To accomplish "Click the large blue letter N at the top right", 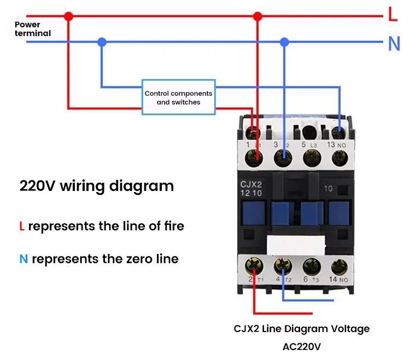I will [x=394, y=44].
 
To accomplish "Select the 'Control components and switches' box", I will [x=178, y=97].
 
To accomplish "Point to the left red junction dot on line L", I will [x=68, y=16].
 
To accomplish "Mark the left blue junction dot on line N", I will [x=101, y=42].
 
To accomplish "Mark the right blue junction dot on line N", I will [x=284, y=42].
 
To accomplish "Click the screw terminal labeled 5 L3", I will [x=311, y=158].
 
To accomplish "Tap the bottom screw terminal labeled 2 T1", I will [x=253, y=266].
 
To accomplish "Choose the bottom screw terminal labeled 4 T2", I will [x=282, y=266].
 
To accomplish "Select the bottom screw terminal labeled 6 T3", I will [x=311, y=266].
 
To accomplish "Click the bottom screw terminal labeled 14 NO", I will [x=339, y=266].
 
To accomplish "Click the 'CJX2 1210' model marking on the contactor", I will [x=251, y=189].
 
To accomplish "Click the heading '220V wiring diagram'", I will [x=97, y=186].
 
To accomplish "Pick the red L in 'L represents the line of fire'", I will [x=22, y=226].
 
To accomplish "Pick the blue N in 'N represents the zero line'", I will [x=24, y=259].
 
